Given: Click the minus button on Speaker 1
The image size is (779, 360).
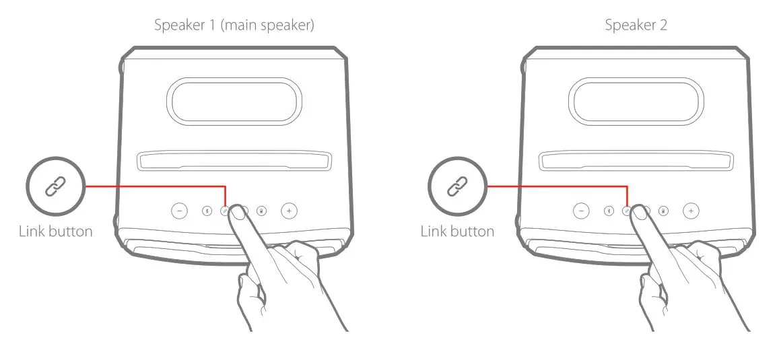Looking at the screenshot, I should [x=179, y=211].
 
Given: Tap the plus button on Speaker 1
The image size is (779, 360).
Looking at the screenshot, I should [x=289, y=211].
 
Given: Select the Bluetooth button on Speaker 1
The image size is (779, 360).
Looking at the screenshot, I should [x=207, y=211].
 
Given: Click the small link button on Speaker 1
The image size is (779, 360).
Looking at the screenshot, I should [x=225, y=211].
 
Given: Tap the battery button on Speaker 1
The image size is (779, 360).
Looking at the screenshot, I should [x=261, y=211].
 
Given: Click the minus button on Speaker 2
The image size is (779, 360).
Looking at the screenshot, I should [x=581, y=211].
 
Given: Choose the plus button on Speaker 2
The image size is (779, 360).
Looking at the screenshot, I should [x=691, y=211].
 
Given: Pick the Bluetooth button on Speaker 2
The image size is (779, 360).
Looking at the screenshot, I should [x=609, y=211].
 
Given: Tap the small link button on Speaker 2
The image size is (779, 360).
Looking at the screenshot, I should [x=627, y=211].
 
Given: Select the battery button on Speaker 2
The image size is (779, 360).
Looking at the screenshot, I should [x=663, y=211].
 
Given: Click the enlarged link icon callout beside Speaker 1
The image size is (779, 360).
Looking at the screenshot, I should [x=56, y=186].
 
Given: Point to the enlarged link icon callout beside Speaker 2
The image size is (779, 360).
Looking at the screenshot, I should [x=458, y=186].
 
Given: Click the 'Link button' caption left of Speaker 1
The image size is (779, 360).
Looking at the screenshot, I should [x=55, y=231].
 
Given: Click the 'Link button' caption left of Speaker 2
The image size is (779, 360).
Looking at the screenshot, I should [x=457, y=231].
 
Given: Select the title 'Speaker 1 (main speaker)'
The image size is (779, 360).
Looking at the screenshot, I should [x=234, y=26].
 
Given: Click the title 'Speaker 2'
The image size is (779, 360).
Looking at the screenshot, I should [x=636, y=26].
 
